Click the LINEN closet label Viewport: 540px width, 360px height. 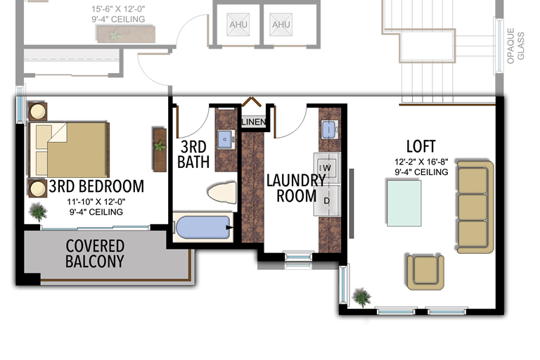pos(254,122)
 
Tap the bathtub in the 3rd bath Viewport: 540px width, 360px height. pos(203,227)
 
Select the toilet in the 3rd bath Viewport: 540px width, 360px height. pos(222,193)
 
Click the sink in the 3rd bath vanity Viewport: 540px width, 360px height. pos(226,139)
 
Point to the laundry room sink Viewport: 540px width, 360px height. pos(330,129)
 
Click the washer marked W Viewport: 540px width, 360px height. pos(326,168)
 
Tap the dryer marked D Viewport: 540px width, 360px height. pos(327,200)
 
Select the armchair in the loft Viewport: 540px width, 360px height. pos(425,272)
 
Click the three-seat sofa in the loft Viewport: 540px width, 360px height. pos(475,207)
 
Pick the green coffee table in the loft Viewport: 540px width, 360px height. pos(404,203)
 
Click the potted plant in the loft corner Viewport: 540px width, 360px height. pos(362,297)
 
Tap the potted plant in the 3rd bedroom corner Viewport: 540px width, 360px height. pos(39,212)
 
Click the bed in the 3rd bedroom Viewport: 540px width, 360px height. pos(69,150)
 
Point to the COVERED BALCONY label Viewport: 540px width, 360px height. pos(95,254)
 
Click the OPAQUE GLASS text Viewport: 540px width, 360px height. pos(515,46)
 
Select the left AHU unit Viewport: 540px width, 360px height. pos(238,25)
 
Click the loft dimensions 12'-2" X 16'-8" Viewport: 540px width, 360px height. pos(422,162)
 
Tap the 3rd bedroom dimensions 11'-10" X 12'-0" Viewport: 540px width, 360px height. pos(96,202)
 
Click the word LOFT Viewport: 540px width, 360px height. pos(421,146)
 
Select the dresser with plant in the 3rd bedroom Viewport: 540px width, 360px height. pos(160,150)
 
